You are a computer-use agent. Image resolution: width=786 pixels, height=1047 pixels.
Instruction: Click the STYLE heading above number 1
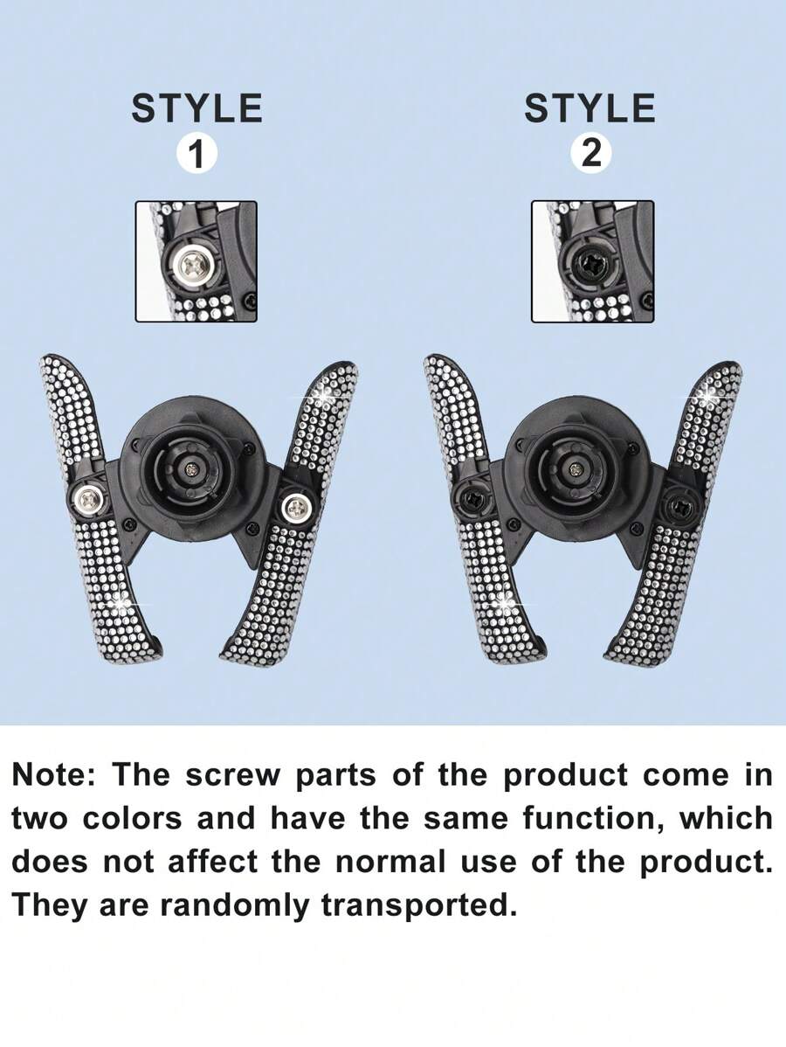click(196, 108)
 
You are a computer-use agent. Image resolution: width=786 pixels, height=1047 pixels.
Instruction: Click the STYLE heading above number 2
click(589, 108)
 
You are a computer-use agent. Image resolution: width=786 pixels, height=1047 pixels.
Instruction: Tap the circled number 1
click(196, 154)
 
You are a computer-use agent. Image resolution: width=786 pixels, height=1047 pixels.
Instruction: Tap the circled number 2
click(590, 154)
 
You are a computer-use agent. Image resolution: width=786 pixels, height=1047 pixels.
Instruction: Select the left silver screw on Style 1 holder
click(87, 496)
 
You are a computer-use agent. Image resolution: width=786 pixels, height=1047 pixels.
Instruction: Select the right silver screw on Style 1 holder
click(295, 508)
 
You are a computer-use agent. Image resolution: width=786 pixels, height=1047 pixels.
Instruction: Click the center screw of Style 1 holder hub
click(191, 469)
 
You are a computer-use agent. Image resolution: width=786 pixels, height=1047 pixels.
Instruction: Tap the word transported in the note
click(420, 907)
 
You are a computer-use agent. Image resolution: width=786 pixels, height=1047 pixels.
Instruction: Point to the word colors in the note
click(132, 819)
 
